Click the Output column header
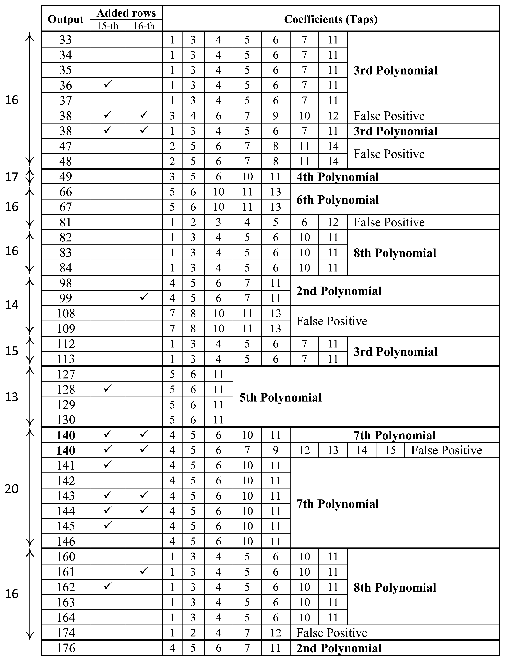(x=66, y=19)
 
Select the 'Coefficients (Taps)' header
(x=331, y=19)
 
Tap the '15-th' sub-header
(x=107, y=26)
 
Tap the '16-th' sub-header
(x=144, y=26)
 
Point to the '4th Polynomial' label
(x=337, y=177)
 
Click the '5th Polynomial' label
(x=280, y=397)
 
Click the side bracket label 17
(x=11, y=177)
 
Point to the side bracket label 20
(x=11, y=489)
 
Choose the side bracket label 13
(x=11, y=397)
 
